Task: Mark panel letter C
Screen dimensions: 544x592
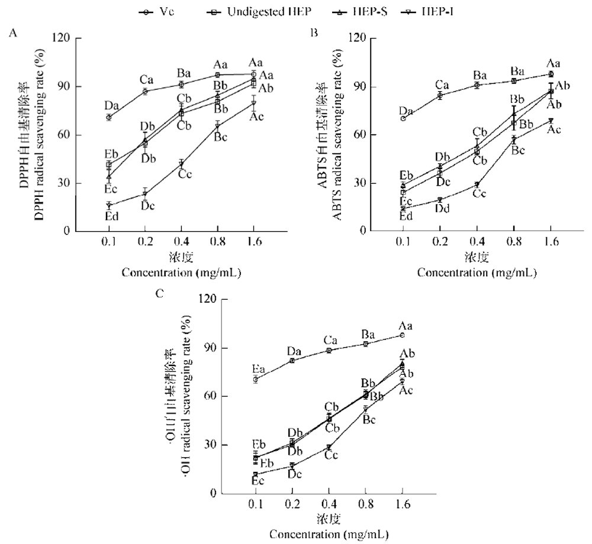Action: pos(159,291)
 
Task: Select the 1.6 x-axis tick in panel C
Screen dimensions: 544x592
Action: pos(402,506)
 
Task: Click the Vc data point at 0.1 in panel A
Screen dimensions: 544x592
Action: pos(108,118)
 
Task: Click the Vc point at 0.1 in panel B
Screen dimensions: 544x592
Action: pos(403,118)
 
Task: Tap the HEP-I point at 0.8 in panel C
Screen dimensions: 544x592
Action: pos(365,409)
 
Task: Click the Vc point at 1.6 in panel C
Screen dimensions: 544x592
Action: pos(402,335)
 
